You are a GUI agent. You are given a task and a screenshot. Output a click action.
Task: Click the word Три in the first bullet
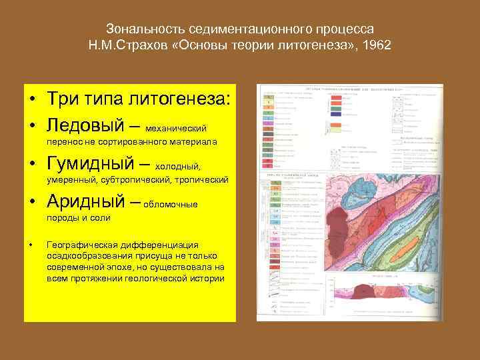pos(63,99)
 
